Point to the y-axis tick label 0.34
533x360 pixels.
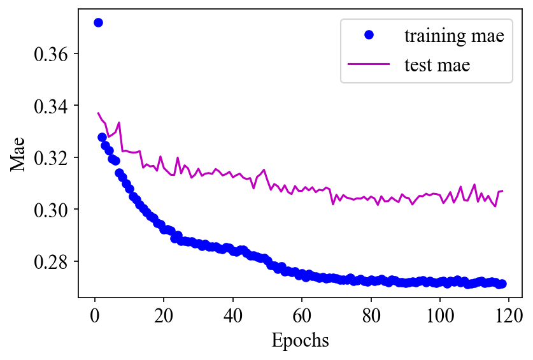tap(51, 106)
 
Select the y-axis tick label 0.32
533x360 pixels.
tap(51, 157)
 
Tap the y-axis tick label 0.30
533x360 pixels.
tap(51, 210)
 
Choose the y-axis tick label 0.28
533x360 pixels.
tap(51, 262)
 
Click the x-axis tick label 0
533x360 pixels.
tap(95, 314)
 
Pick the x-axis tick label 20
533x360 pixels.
tap(164, 314)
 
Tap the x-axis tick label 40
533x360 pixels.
tap(233, 314)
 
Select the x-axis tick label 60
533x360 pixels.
tap(302, 314)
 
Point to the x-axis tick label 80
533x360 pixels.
tap(371, 314)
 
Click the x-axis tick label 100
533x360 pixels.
tap(440, 314)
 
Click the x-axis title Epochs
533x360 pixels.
tap(300, 341)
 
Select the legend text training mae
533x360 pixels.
tap(454, 36)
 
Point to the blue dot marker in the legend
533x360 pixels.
tap(369, 36)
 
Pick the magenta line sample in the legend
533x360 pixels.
tap(369, 64)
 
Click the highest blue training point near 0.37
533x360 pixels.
tap(98, 22)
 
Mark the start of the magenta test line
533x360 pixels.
tap(98, 113)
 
